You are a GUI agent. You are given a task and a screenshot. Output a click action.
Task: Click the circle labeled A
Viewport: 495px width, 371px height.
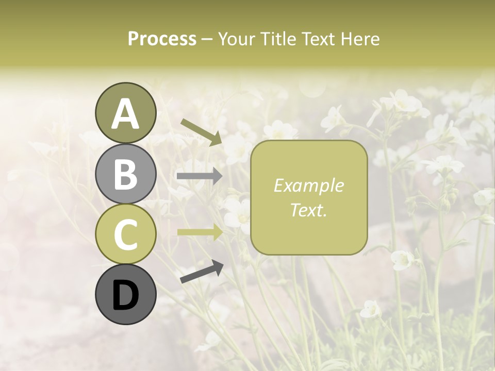coord(125,113)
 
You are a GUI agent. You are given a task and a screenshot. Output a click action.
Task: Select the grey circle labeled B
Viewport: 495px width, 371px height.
coord(125,174)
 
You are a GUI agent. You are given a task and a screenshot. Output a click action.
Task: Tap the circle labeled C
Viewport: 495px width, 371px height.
coord(125,234)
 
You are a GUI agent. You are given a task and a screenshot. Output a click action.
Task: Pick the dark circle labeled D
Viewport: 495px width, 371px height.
coord(125,295)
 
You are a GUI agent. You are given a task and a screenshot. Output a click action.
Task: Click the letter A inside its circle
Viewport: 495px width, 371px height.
coord(125,114)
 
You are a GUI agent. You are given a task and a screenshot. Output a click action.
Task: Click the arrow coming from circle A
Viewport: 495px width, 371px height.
coord(201,131)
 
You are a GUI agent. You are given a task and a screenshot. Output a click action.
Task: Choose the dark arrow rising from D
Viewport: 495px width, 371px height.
coord(202,272)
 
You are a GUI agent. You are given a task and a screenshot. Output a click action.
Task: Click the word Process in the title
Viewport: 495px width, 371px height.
coord(162,39)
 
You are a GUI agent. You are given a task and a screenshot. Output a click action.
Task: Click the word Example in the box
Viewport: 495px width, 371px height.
coord(309,185)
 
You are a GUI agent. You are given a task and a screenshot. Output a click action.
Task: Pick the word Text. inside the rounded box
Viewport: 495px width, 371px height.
coord(309,210)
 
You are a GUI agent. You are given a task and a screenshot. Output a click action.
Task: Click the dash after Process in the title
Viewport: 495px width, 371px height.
coord(207,39)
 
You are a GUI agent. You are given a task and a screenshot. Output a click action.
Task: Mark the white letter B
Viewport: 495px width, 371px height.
coord(125,175)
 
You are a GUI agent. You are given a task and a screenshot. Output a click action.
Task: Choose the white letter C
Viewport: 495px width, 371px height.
coord(125,235)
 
